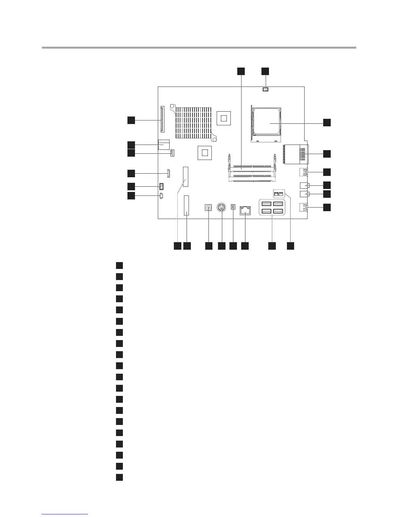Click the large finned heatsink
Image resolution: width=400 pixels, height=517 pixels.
[x=193, y=123]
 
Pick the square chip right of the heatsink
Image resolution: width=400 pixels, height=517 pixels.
[x=224, y=117]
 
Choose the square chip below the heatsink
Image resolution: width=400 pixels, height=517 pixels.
[x=205, y=152]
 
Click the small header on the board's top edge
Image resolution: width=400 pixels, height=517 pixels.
[x=265, y=89]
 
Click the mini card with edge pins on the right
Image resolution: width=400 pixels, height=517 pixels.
[x=295, y=154]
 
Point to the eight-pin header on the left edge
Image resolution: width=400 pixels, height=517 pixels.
[x=161, y=187]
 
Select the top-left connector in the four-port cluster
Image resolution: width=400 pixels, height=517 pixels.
[x=265, y=204]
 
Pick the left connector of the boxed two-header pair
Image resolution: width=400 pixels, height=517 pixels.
[x=276, y=194]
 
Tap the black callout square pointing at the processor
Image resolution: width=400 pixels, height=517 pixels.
[x=327, y=123]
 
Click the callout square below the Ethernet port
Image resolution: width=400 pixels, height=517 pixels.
[x=245, y=246]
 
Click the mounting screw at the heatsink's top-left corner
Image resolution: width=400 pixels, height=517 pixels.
[x=173, y=106]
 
